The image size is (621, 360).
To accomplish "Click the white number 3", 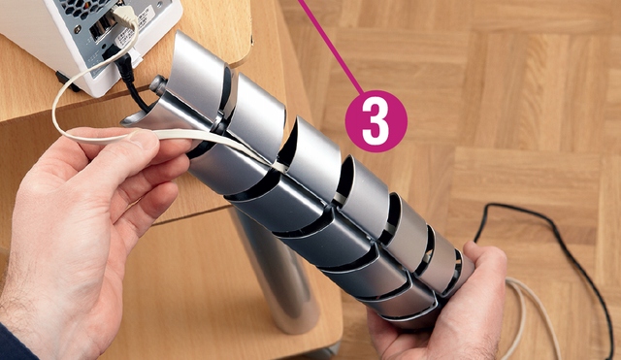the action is point(376,121).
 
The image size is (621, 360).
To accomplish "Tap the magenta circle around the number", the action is point(376,121).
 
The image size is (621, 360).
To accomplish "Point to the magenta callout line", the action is point(330,47).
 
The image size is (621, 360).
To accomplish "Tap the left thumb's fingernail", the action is point(140,138).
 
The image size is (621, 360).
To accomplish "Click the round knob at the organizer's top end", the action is point(156,84).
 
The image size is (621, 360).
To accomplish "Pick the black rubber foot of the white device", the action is point(65,81).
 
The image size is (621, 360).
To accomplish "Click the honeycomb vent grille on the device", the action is point(84,9).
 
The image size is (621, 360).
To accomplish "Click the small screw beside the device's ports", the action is point(79,28).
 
